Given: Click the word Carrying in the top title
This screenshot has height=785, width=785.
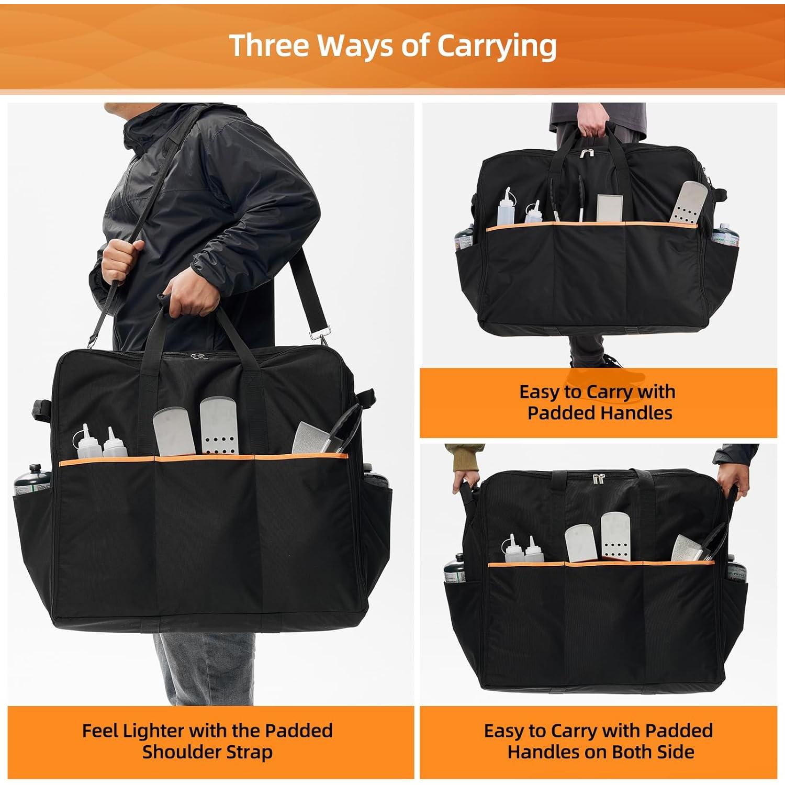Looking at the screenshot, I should pyautogui.click(x=497, y=46).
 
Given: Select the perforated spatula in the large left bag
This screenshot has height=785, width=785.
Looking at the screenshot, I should pyautogui.click(x=219, y=427).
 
